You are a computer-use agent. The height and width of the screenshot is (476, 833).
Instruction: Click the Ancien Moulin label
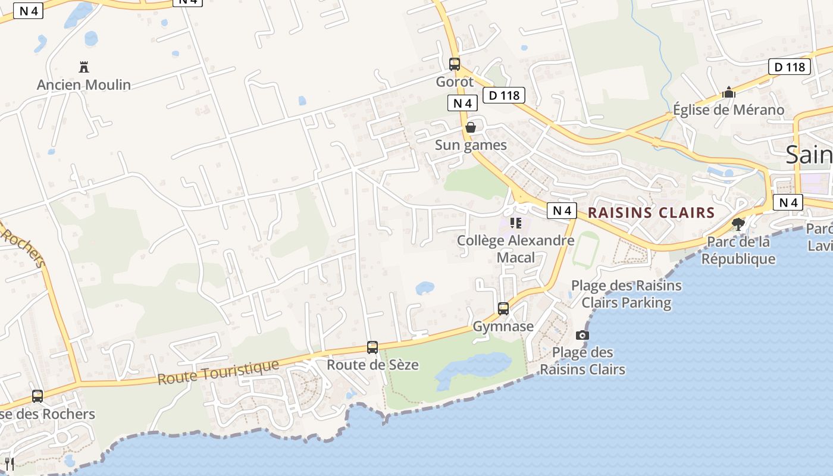click(84, 85)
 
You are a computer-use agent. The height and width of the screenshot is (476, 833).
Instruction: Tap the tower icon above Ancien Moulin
click(84, 67)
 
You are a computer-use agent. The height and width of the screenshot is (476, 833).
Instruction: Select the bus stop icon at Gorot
click(455, 64)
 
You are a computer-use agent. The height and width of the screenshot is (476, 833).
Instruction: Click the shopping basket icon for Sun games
click(471, 127)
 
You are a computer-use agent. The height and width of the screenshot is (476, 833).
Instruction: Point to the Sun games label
click(471, 145)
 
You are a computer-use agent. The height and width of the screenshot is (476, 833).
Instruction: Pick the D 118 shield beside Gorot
click(504, 95)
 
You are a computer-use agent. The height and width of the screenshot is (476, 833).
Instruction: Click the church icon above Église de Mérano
click(728, 92)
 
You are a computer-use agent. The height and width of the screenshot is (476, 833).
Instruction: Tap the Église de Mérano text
click(728, 110)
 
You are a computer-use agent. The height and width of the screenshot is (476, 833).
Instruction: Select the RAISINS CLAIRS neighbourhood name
click(651, 212)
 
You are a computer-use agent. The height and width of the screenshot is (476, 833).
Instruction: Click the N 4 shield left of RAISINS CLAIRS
click(562, 211)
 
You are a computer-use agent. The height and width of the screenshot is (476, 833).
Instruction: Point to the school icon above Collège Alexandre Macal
click(516, 223)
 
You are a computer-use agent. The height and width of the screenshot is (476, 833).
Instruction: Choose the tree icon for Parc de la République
click(738, 224)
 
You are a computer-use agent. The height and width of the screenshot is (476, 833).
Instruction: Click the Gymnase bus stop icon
click(503, 308)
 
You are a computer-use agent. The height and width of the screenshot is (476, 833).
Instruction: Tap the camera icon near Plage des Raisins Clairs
click(583, 336)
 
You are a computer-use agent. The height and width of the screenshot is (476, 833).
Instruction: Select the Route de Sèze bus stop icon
click(372, 347)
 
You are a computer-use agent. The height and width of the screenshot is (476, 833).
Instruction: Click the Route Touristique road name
click(218, 372)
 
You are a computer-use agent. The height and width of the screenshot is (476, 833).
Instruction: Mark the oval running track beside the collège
click(585, 250)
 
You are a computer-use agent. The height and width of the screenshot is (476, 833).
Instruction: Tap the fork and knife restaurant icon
click(9, 464)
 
